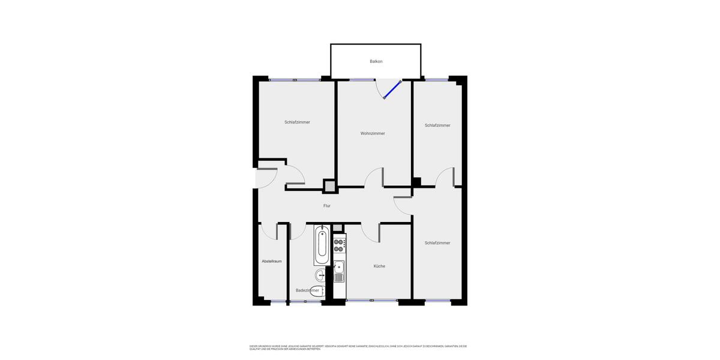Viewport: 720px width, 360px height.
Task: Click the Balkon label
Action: pos(376,61)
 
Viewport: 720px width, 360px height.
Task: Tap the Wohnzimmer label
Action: pos(373,133)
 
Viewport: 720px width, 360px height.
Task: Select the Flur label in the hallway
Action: pos(327,206)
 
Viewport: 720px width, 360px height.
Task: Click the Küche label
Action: pos(379,266)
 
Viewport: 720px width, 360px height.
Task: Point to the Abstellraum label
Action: pos(271,261)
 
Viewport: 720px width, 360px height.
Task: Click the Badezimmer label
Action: pos(307,290)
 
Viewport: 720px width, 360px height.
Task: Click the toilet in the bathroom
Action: pos(317,292)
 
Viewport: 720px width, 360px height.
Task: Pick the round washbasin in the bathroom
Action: pos(320,275)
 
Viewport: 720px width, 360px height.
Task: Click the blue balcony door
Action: pos(392,90)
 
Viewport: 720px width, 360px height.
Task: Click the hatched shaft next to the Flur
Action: pos(330,186)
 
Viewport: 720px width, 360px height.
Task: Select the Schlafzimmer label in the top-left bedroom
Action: pos(297,122)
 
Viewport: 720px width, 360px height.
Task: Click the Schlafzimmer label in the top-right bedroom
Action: pos(437,125)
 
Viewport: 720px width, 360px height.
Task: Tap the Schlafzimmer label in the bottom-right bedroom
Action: pos(437,243)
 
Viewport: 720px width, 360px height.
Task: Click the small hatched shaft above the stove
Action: pos(337,227)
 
